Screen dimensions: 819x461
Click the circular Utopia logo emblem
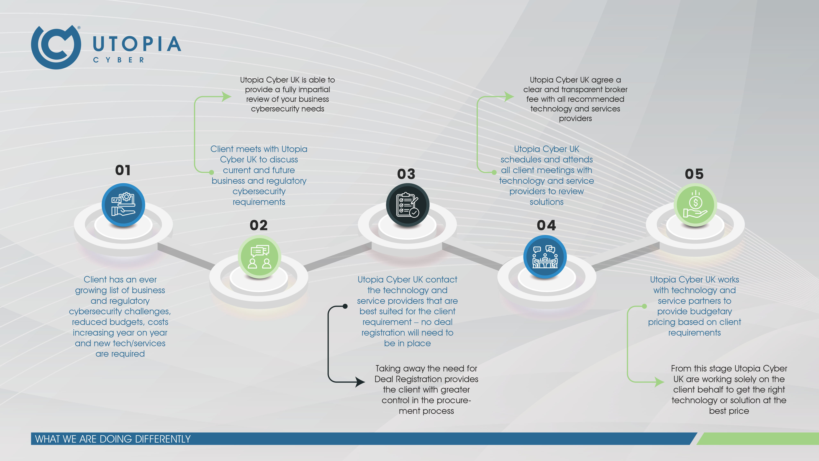[56, 47]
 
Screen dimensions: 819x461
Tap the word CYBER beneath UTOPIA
[119, 60]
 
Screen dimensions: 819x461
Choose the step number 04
[546, 225]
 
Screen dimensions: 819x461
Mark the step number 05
[694, 174]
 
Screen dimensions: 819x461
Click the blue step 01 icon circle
[123, 205]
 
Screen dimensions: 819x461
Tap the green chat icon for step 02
[259, 257]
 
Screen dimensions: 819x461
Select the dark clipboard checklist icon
[408, 205]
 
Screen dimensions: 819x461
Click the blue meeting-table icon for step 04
[545, 257]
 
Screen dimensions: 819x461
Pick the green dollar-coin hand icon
[695, 205]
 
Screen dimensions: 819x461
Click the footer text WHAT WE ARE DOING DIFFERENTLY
[113, 439]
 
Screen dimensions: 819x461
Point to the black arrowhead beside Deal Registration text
[360, 382]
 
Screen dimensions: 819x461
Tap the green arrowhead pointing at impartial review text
[227, 96]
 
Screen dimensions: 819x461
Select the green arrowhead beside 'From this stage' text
[660, 382]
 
